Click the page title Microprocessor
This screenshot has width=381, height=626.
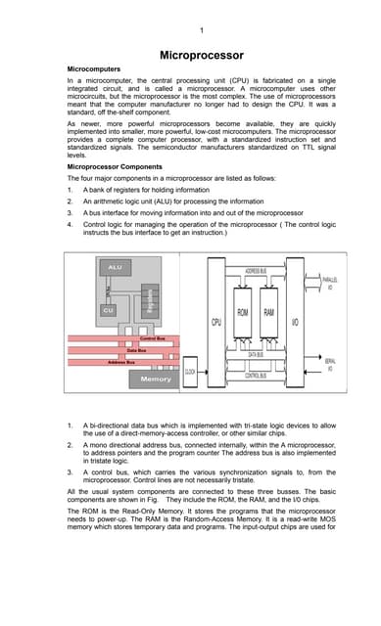[x=201, y=56]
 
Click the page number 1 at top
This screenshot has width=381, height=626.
[x=201, y=30]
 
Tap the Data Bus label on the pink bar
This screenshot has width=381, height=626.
[x=137, y=349]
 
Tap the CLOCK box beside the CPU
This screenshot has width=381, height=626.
[x=191, y=372]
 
